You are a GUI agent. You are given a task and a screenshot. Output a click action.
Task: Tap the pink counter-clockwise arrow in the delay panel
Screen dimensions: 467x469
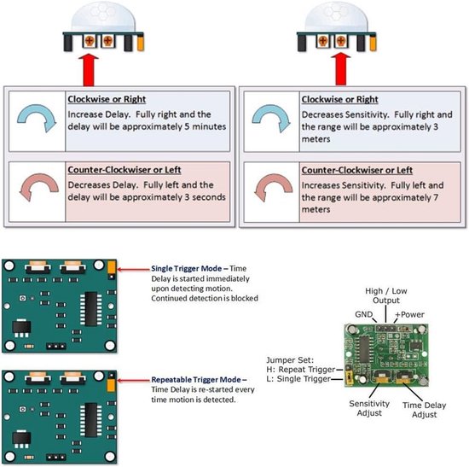coord(35,188)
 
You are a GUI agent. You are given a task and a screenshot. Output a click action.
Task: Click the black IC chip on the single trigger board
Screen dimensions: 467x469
coord(92,307)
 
